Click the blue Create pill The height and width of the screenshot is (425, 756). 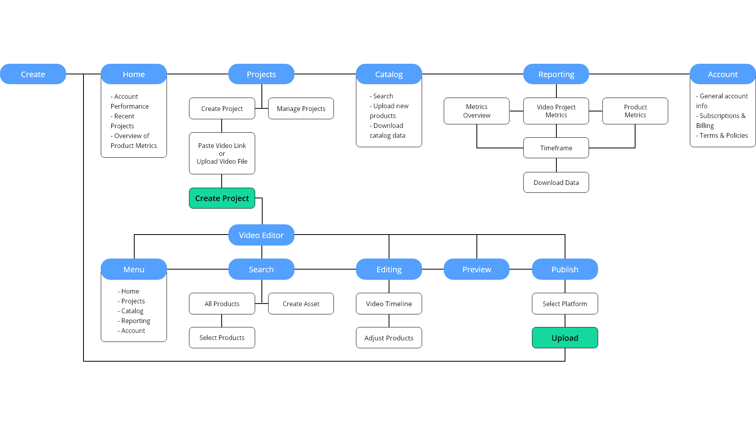(x=33, y=74)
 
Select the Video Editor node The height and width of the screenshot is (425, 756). (x=261, y=235)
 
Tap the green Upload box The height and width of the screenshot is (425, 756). (x=565, y=338)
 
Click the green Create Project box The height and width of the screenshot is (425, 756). (x=222, y=198)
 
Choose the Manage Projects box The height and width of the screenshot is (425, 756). (x=301, y=109)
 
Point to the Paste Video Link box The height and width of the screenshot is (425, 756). (x=222, y=153)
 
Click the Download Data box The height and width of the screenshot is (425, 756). (x=556, y=182)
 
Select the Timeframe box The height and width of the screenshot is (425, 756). (x=556, y=148)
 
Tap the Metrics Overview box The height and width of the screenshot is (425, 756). (x=476, y=111)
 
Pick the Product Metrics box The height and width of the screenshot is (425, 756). (x=635, y=111)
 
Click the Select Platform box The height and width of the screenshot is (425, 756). (x=565, y=303)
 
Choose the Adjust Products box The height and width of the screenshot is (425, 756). (x=389, y=338)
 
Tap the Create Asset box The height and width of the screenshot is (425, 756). (x=301, y=303)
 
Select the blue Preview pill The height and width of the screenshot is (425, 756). (x=476, y=269)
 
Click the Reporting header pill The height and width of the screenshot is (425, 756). (x=556, y=74)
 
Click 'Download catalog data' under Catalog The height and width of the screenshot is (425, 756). (x=388, y=131)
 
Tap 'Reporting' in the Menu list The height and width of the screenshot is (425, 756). (x=135, y=321)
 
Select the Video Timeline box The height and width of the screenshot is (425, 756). (x=389, y=303)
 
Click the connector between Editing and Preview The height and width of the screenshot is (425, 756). (x=433, y=269)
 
